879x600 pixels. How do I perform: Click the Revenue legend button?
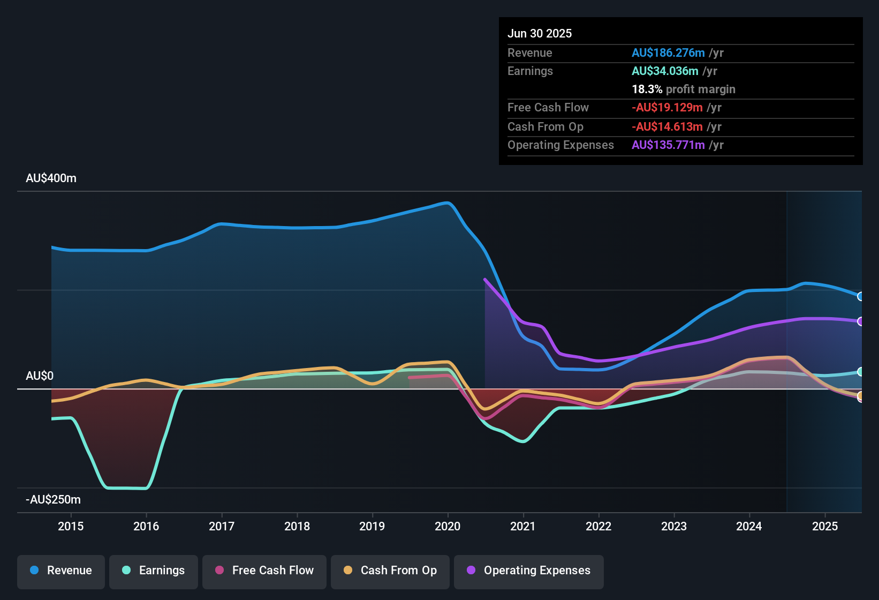coord(61,571)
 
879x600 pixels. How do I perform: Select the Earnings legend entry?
coord(154,571)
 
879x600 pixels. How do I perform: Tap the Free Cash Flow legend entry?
coord(264,571)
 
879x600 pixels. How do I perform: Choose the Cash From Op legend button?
coord(390,571)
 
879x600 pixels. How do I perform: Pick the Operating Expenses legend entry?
coord(529,571)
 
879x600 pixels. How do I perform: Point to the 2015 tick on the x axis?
coord(71,526)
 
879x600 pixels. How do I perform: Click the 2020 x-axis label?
coord(448,526)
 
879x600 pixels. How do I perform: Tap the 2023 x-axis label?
coord(674,526)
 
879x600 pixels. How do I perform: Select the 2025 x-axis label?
coord(825,526)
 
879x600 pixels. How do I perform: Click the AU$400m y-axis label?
coord(51,178)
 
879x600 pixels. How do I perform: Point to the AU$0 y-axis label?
coord(40,376)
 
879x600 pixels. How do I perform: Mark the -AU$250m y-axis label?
coord(54,500)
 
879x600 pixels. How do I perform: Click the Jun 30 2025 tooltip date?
coord(540,34)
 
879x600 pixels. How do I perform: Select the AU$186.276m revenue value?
coord(668,53)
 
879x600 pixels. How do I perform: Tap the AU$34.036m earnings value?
coord(665,71)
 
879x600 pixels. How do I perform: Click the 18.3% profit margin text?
coord(684,89)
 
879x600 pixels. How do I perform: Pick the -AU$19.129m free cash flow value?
coord(667,108)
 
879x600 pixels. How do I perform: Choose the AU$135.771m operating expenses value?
coord(668,145)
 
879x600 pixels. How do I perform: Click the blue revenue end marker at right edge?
coord(860,296)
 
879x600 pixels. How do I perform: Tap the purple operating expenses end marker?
coord(860,321)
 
